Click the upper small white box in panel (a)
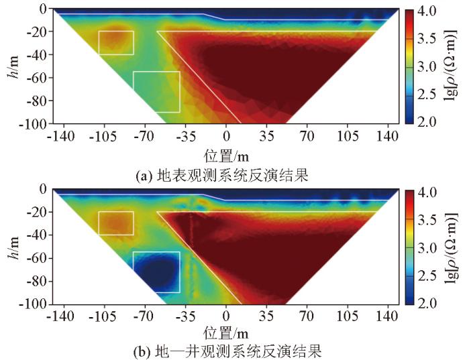tap(116, 43)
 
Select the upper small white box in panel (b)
tap(116, 223)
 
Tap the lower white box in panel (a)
tap(156, 92)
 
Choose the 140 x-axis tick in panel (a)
tap(388, 137)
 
